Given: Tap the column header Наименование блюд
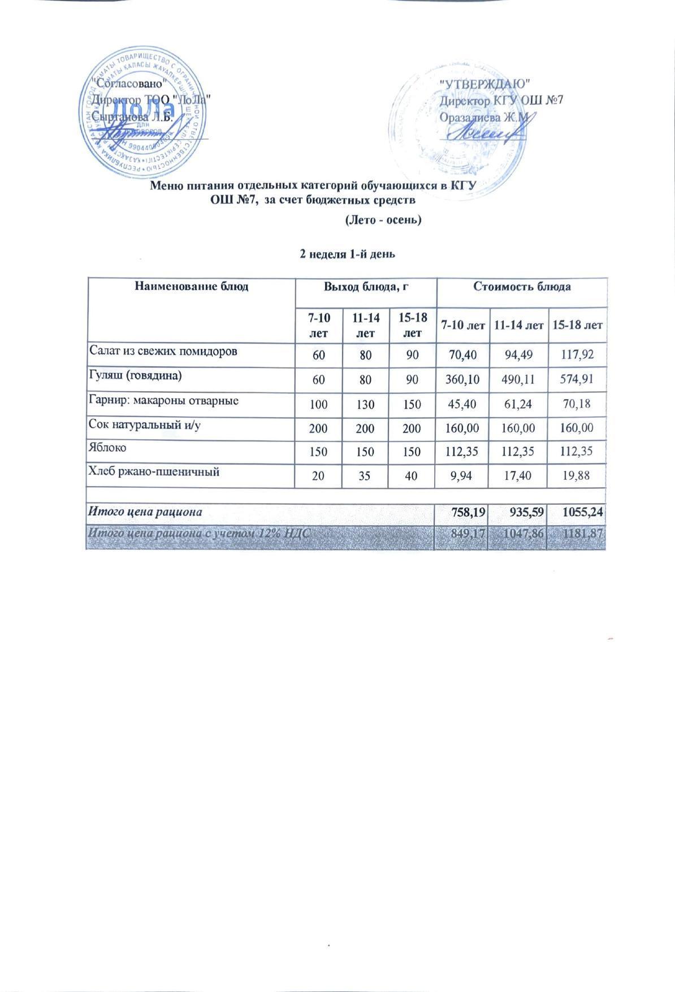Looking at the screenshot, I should [x=192, y=287].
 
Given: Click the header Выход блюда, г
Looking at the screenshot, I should [x=366, y=287].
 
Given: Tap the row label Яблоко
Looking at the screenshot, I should [x=106, y=448].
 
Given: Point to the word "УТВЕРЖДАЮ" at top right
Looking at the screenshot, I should [x=484, y=83].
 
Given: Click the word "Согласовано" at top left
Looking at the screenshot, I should [x=131, y=82].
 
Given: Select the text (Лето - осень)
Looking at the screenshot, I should [x=383, y=220].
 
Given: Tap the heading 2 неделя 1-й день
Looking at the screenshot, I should [x=347, y=254].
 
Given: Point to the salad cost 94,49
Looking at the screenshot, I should [x=518, y=355].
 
